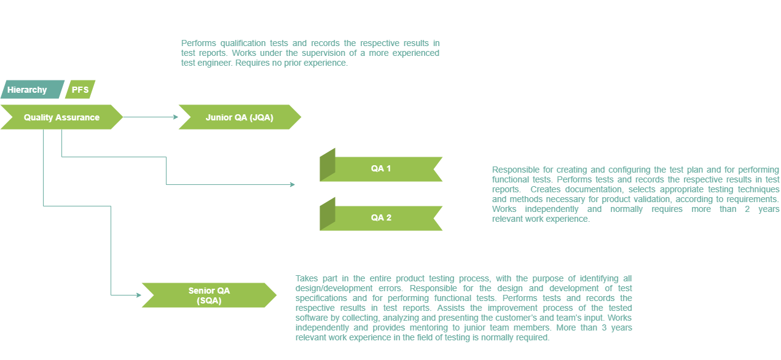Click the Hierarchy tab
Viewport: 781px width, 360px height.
[28, 90]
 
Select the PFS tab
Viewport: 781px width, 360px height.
[80, 90]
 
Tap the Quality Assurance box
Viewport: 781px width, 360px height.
[61, 117]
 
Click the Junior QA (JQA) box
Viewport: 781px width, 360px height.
[239, 117]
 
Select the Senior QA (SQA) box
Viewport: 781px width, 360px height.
[209, 295]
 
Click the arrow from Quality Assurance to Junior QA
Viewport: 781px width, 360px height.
[150, 117]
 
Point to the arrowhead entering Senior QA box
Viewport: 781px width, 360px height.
[138, 295]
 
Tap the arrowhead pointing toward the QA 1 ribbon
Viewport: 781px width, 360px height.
[292, 184]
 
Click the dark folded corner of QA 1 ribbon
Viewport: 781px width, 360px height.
[327, 165]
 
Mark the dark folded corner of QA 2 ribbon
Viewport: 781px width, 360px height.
[327, 214]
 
